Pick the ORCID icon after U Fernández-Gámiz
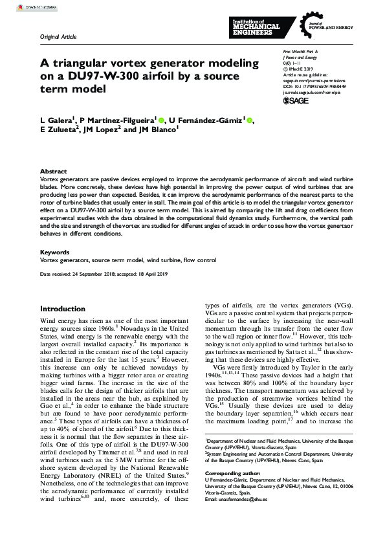pyautogui.click(x=250, y=120)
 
